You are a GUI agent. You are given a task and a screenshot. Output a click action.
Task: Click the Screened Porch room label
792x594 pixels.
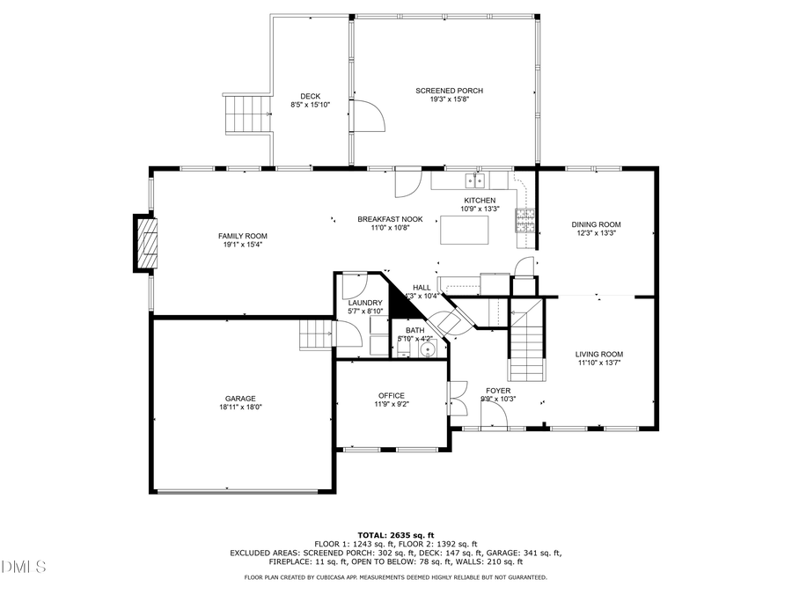[x=449, y=91]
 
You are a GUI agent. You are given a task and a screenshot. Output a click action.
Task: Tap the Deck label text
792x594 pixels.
[x=310, y=96]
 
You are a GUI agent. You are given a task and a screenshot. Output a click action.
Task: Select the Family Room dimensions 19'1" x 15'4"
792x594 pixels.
[x=243, y=245]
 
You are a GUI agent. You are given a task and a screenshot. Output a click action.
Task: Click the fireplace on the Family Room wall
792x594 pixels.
[x=146, y=245]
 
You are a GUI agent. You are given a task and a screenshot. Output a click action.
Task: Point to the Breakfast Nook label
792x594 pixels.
[x=390, y=218]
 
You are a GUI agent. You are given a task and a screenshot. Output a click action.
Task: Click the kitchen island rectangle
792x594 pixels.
[x=465, y=231]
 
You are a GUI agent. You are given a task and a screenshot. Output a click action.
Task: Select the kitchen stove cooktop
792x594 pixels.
[x=525, y=219]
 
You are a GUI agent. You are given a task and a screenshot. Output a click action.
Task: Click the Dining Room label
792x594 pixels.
[x=596, y=224]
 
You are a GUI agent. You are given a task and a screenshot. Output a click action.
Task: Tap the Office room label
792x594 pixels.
[x=392, y=395]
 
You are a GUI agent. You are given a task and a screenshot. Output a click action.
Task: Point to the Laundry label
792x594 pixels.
[x=365, y=303]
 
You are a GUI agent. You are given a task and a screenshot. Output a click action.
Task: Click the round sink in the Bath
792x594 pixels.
[x=429, y=349]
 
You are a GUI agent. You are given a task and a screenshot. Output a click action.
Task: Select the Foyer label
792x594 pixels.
[x=498, y=390]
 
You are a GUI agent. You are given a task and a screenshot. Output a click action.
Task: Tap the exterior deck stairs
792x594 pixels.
[x=246, y=113]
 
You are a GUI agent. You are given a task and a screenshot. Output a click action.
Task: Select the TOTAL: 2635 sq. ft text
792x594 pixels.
[x=395, y=535]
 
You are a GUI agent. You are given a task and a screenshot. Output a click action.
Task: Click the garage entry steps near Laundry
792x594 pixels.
[x=316, y=334]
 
